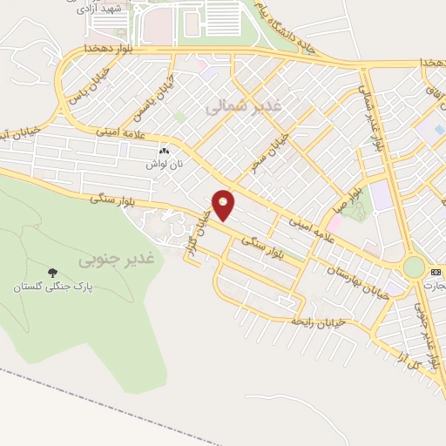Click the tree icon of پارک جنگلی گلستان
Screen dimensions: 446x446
click(x=51, y=274)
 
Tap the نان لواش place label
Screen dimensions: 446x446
click(x=163, y=164)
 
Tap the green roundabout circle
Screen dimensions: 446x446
click(x=414, y=267)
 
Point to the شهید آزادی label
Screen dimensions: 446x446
click(x=91, y=8)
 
